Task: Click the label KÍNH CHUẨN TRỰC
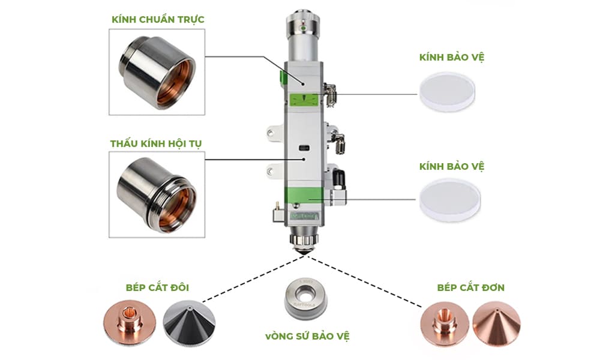[158, 20]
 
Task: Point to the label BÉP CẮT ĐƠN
[471, 287]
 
